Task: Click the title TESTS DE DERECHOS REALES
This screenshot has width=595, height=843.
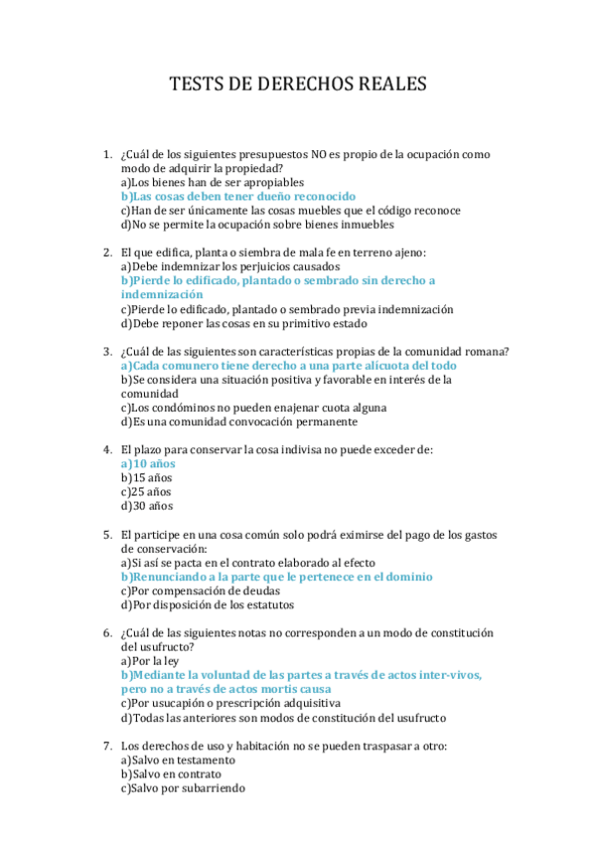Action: (298, 84)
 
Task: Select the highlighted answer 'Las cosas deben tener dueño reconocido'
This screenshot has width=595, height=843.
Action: (237, 197)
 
